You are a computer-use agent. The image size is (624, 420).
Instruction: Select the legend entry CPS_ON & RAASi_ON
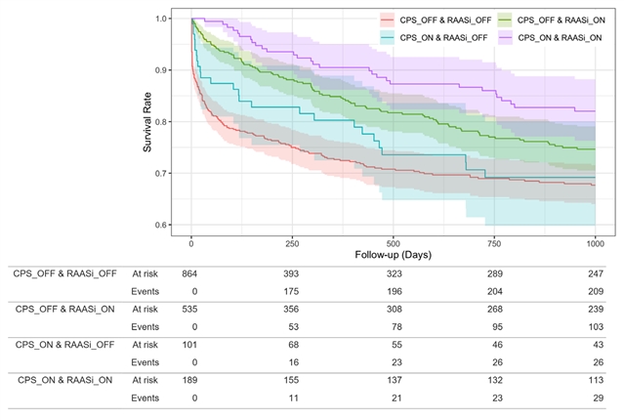click(560, 36)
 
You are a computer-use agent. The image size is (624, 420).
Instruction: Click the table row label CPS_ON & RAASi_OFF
click(61, 344)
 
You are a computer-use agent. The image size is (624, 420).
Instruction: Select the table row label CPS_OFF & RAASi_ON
click(61, 309)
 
